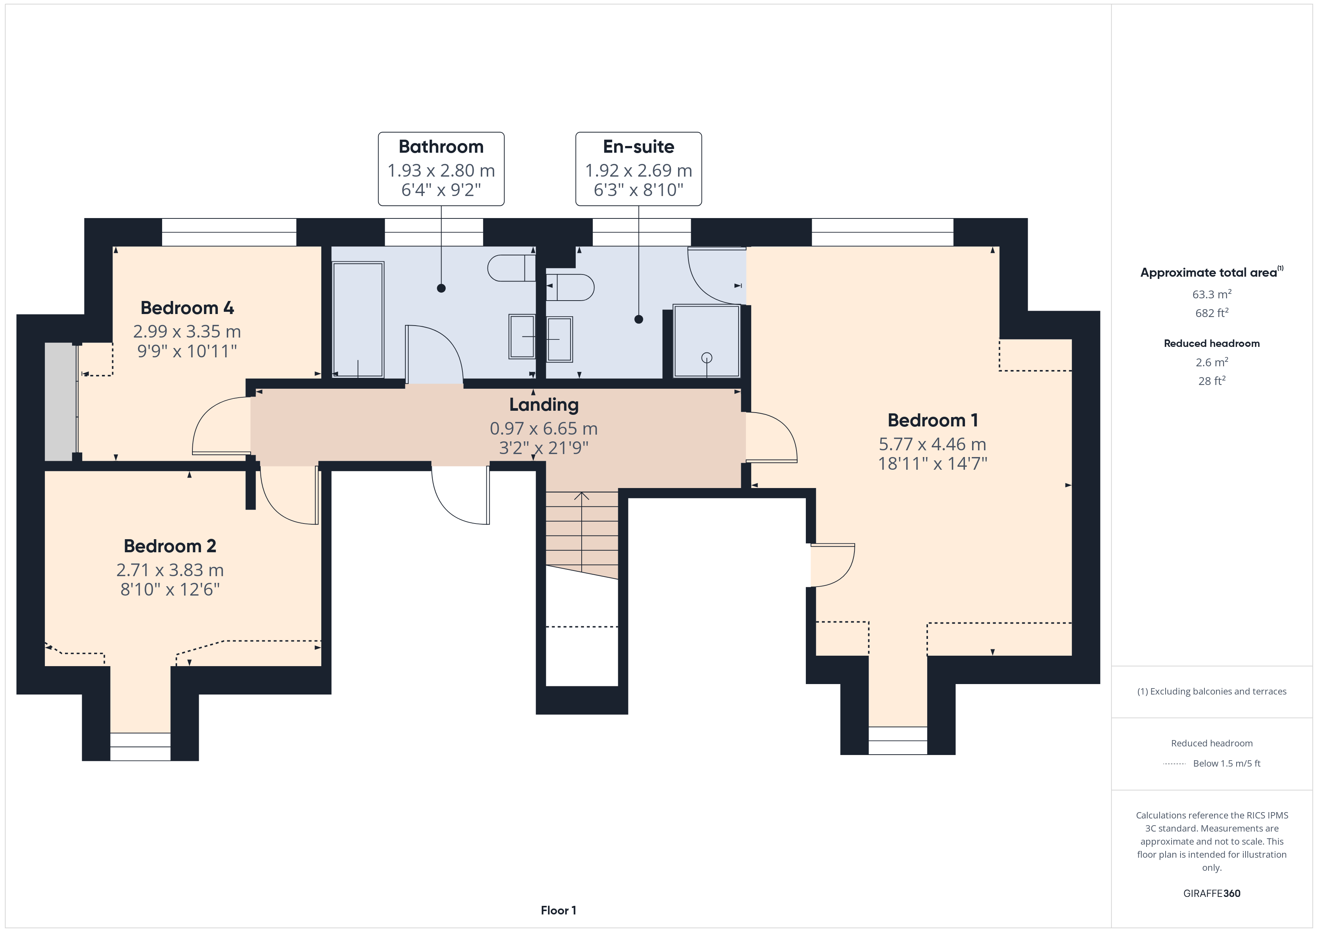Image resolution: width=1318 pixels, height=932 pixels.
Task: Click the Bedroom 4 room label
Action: click(x=187, y=308)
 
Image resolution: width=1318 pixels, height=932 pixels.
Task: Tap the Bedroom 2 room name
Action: click(x=170, y=546)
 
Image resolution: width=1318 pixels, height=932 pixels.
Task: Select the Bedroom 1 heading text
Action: click(x=933, y=420)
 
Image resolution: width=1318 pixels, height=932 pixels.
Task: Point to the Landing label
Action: click(x=544, y=405)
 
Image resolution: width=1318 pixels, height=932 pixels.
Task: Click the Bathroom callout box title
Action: click(x=441, y=146)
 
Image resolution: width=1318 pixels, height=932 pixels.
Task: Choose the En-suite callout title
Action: click(x=638, y=146)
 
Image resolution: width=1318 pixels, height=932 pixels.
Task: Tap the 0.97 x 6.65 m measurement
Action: click(x=544, y=429)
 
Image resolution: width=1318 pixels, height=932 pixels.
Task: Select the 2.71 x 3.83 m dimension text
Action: click(x=170, y=570)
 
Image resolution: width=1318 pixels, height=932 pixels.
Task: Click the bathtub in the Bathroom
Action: click(x=358, y=320)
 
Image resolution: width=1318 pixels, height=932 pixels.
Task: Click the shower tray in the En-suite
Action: click(x=707, y=341)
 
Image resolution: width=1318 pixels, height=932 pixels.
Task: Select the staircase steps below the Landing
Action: click(x=582, y=534)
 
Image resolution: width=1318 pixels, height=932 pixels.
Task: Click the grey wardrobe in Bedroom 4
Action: click(x=60, y=401)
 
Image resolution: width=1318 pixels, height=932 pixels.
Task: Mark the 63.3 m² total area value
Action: click(x=1212, y=294)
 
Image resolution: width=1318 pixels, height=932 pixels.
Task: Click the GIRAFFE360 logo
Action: click(x=1212, y=893)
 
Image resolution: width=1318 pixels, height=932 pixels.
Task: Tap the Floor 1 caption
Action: click(x=558, y=910)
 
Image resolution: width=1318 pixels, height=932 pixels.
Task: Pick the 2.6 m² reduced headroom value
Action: click(x=1212, y=362)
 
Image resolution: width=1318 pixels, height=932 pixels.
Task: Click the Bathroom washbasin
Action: click(x=522, y=337)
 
